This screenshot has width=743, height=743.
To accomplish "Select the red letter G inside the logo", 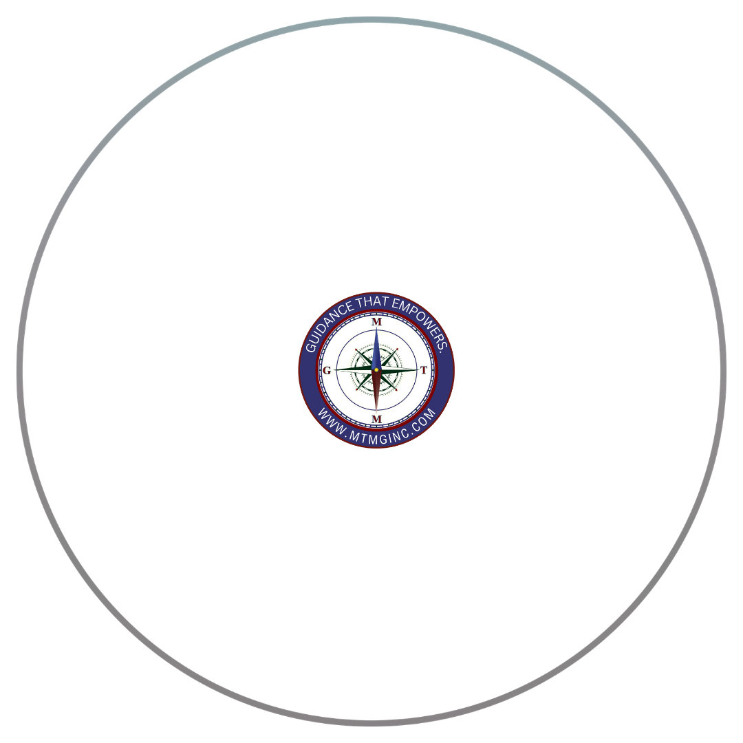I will click(326, 370).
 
